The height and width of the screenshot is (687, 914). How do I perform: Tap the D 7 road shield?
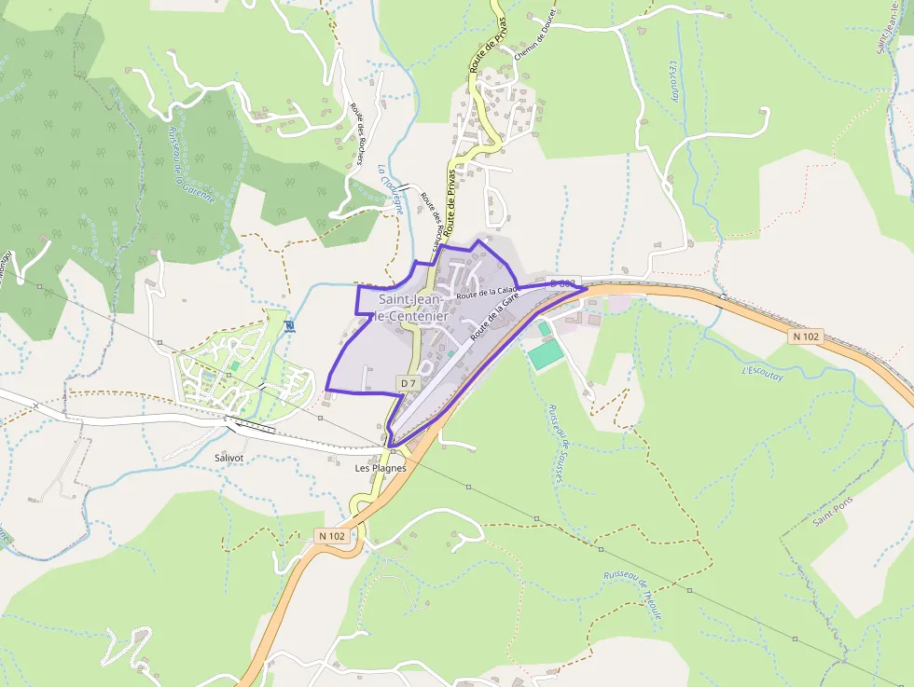click(x=409, y=382)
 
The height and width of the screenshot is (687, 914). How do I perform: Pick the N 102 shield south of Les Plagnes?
click(x=331, y=536)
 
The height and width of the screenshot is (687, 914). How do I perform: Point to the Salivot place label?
click(x=228, y=458)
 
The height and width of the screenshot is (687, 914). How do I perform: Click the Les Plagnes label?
click(x=381, y=468)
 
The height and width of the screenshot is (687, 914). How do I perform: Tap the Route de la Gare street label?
click(x=494, y=316)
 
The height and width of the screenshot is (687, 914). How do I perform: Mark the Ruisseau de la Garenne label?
click(x=191, y=163)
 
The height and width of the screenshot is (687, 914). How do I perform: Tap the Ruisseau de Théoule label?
click(x=633, y=596)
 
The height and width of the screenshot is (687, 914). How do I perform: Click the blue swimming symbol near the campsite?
click(x=289, y=325)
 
